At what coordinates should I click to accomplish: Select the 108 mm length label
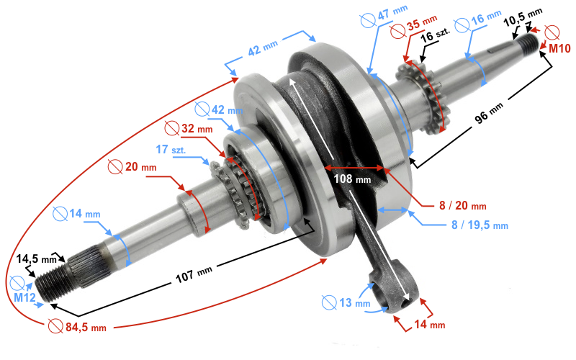pyautogui.click(x=352, y=178)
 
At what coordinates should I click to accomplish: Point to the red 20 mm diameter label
pyautogui.click(x=138, y=167)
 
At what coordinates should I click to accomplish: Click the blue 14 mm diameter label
pyautogui.click(x=82, y=214)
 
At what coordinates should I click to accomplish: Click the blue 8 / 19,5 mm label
pyautogui.click(x=480, y=225)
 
